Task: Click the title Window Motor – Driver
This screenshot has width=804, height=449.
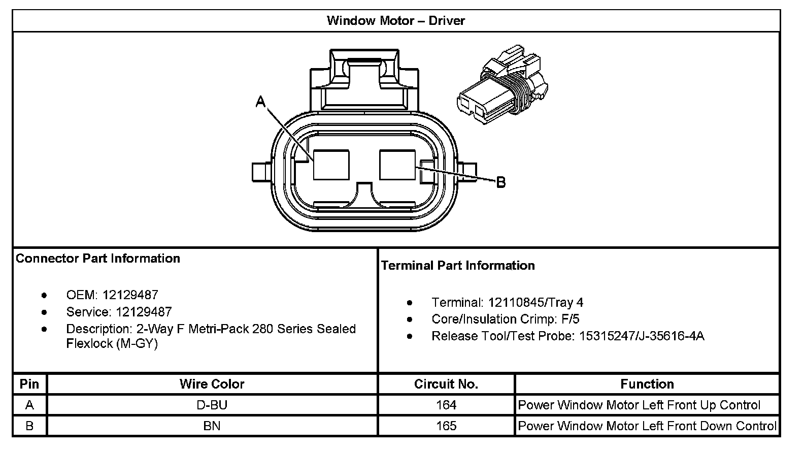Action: (x=395, y=21)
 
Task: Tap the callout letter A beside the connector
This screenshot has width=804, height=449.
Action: (x=260, y=102)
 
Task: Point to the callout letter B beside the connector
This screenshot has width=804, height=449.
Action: (x=500, y=182)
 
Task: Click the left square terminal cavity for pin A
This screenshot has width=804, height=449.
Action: (x=331, y=164)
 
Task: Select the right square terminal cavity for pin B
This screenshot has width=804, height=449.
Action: (x=397, y=164)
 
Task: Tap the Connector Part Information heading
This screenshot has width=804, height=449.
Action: (x=98, y=259)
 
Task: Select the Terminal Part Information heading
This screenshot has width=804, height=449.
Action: (x=458, y=266)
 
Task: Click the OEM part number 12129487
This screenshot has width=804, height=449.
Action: (x=130, y=295)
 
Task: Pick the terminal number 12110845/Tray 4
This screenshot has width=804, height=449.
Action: (x=535, y=303)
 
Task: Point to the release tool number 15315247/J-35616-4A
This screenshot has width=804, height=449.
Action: (x=642, y=336)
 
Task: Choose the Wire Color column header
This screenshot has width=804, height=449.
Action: (x=212, y=384)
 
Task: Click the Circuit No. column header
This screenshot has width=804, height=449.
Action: (x=446, y=384)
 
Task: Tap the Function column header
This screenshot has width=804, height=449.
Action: (x=647, y=384)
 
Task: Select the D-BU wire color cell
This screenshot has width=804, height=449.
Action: (x=212, y=405)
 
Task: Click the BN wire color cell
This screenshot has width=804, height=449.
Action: (x=212, y=426)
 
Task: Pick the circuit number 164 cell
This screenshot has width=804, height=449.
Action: (x=446, y=405)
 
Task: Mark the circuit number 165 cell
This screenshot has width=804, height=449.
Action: (x=446, y=426)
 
